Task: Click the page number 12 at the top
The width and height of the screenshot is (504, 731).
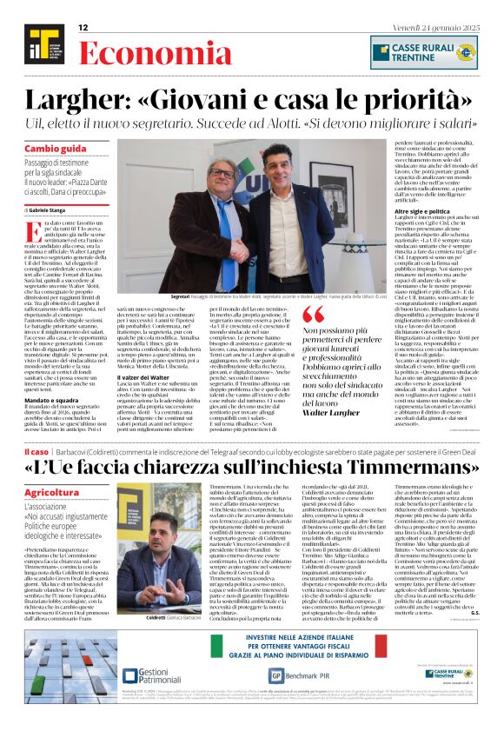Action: click(83, 28)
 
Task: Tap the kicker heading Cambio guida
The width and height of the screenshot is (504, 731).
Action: click(56, 149)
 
